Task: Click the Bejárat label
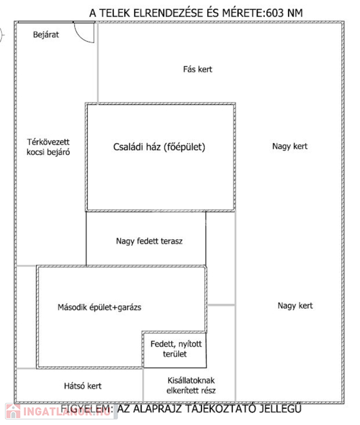tap(46, 34)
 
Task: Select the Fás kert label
tap(198, 69)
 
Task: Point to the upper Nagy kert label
tap(290, 147)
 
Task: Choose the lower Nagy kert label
tap(295, 305)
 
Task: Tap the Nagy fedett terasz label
tap(150, 241)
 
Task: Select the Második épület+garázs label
tap(99, 307)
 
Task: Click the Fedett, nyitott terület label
tap(177, 349)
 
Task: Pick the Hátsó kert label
tap(83, 386)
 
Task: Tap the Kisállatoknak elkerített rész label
tap(191, 386)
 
